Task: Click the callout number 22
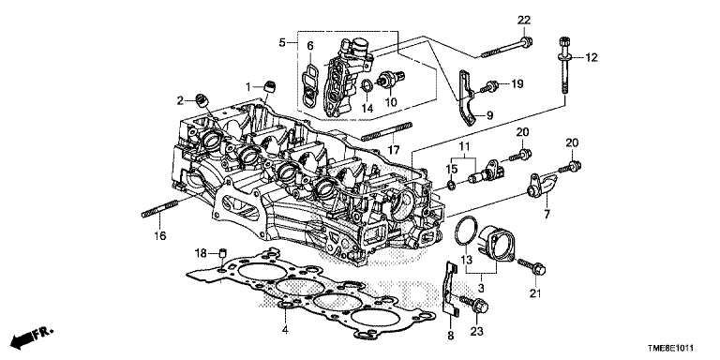point(524,21)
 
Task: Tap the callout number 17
point(394,150)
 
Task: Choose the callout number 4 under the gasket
point(285,329)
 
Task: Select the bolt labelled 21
point(532,267)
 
